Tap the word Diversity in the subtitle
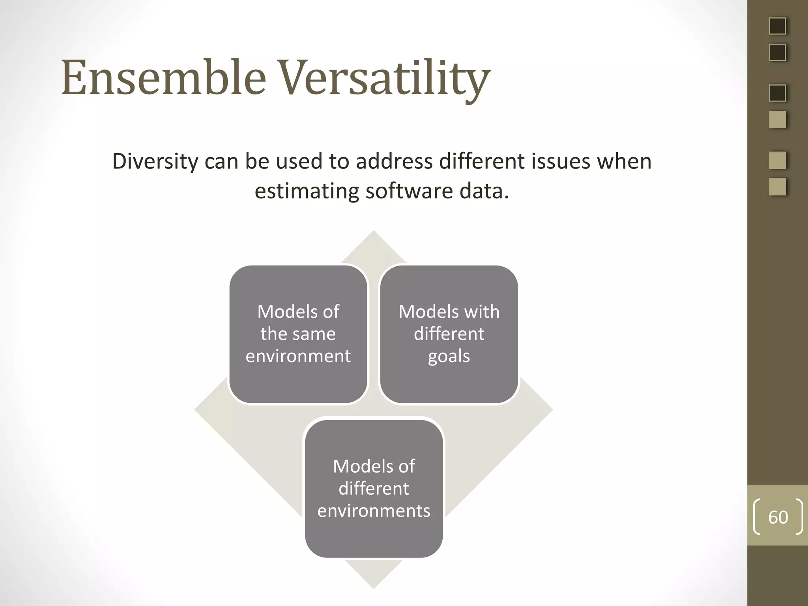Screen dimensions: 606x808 click(155, 162)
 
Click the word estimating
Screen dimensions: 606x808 click(306, 191)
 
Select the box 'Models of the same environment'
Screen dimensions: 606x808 click(298, 334)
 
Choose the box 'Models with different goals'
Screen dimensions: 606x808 click(449, 334)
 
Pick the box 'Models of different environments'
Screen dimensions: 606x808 click(374, 488)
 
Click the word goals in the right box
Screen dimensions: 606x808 click(449, 356)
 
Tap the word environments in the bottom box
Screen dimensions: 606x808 click(374, 511)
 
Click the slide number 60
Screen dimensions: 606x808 click(778, 517)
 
